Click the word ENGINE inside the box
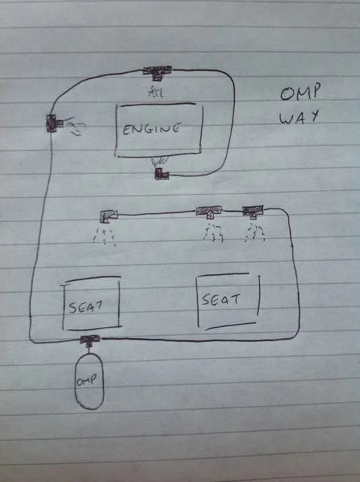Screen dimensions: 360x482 pos(151,129)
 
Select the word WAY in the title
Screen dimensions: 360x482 pos(298,117)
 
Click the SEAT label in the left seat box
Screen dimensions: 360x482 pos(85,307)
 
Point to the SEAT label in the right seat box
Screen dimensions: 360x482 pos(221,299)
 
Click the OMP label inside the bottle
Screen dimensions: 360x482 pos(87,380)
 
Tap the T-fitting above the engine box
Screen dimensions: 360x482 pos(157,73)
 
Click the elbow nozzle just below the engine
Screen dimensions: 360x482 pos(161,174)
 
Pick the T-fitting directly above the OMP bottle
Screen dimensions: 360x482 pos(90,340)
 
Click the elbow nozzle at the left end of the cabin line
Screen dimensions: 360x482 pos(108,215)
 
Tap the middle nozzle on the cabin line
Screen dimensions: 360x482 pos(209,212)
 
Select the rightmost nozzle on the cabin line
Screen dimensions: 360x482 pos(253,211)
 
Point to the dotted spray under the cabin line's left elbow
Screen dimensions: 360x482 pos(104,236)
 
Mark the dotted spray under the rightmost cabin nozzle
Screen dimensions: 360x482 pos(255,233)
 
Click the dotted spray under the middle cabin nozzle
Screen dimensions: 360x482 pos(212,233)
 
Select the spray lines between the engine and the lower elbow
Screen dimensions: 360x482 pos(160,162)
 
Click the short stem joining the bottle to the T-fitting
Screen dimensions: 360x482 pos(89,348)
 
